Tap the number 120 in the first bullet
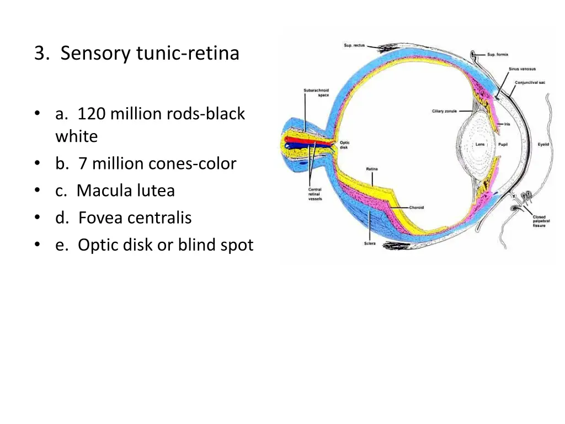tap(92, 114)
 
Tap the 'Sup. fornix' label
tap(497, 55)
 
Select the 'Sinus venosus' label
tap(521, 69)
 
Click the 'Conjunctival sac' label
tap(530, 83)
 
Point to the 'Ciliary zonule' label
tap(444, 112)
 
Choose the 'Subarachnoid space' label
tap(316, 93)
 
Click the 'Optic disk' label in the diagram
tap(344, 145)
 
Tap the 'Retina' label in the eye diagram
tap(371, 169)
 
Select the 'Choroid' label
tap(416, 208)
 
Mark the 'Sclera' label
tap(370, 243)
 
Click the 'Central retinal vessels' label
tap(315, 194)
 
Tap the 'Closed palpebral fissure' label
tap(539, 221)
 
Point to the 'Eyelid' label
tap(543, 145)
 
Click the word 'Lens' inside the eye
tap(480, 145)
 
